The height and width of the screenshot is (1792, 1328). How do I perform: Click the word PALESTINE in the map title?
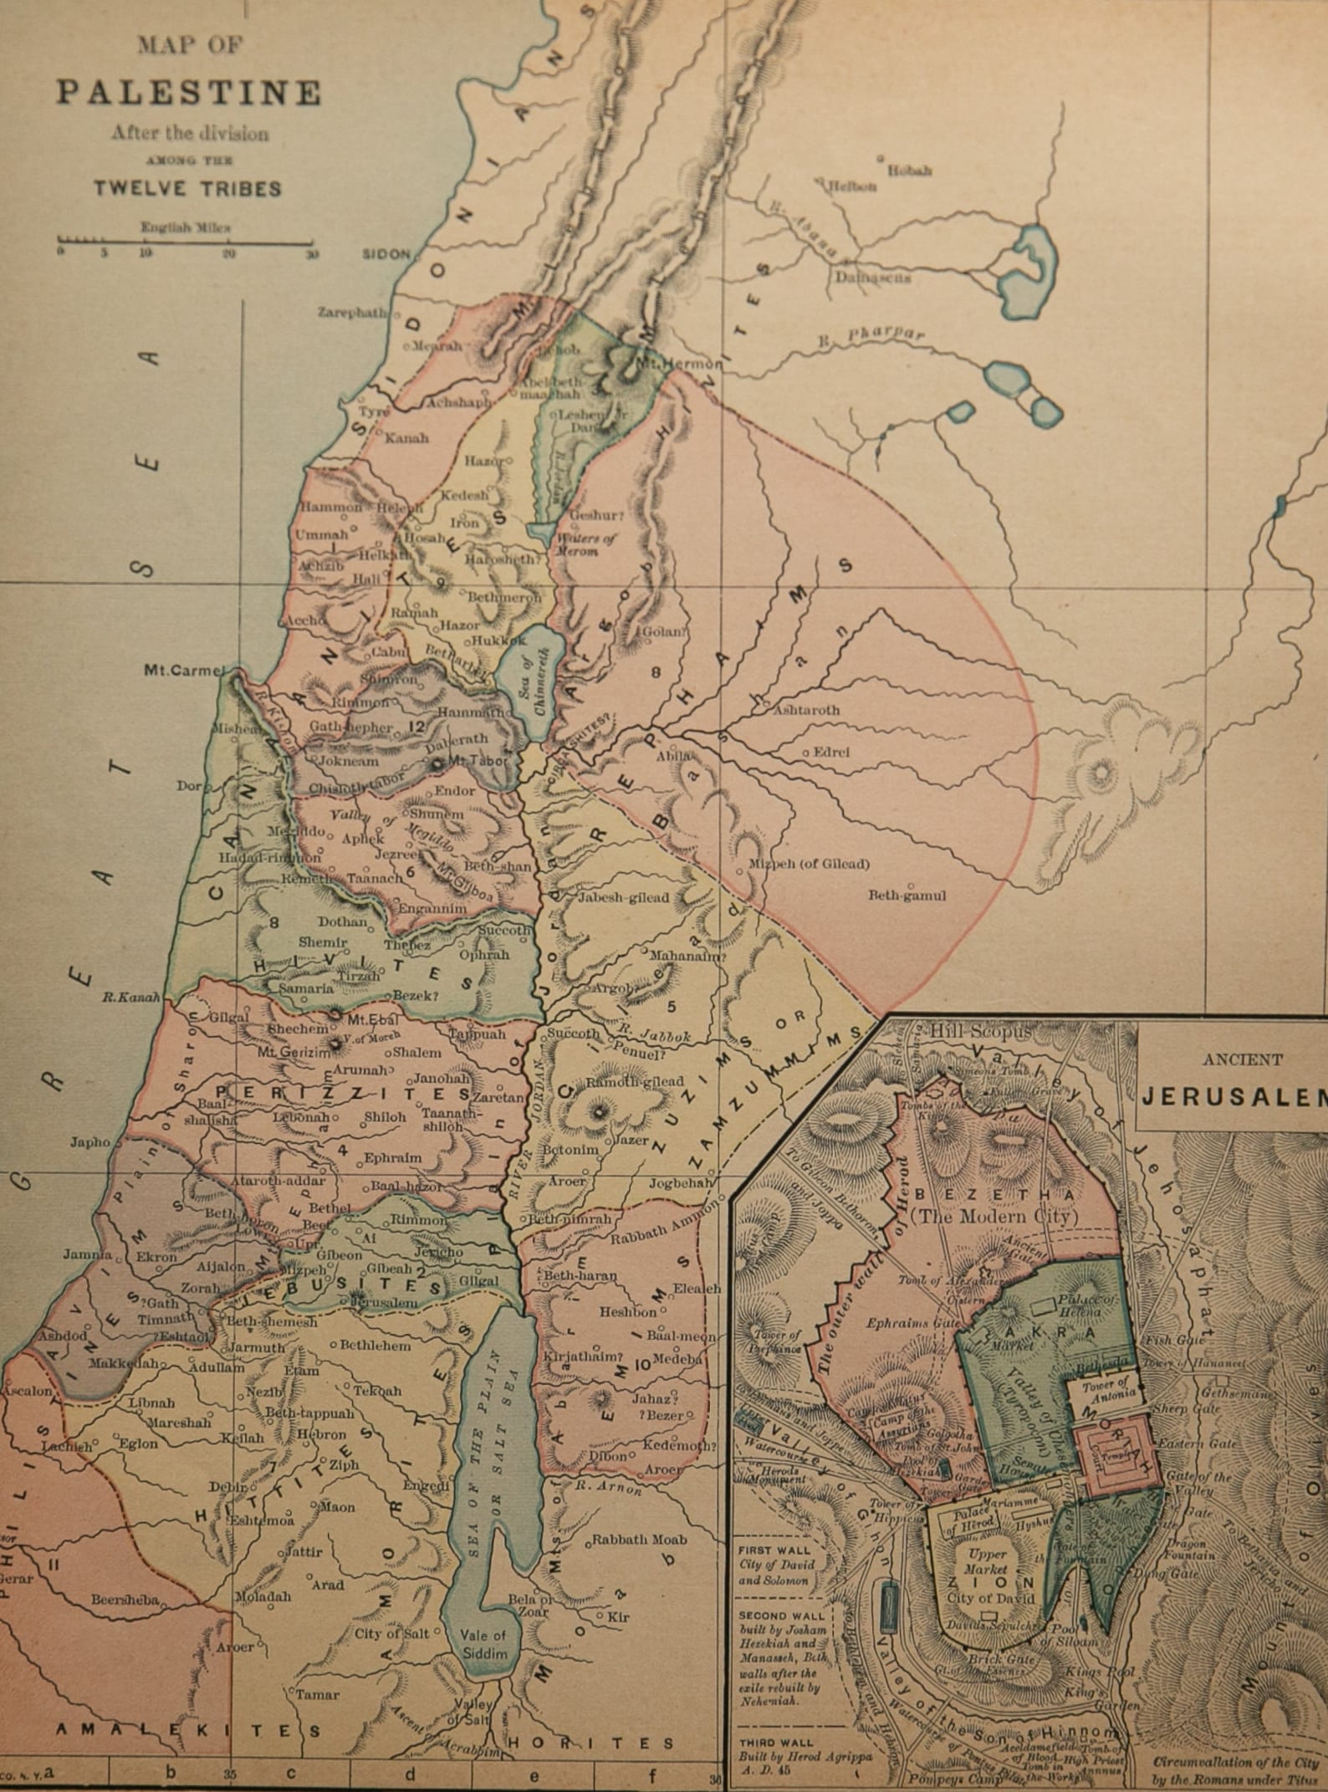click(x=188, y=93)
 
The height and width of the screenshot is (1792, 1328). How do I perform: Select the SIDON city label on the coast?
click(x=386, y=254)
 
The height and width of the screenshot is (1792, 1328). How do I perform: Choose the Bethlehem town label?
click(x=375, y=1346)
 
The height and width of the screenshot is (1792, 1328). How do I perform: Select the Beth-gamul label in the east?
click(x=907, y=896)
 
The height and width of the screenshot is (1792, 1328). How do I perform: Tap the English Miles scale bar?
click(x=185, y=243)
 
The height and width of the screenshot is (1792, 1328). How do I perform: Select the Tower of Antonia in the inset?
click(x=1107, y=1389)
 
